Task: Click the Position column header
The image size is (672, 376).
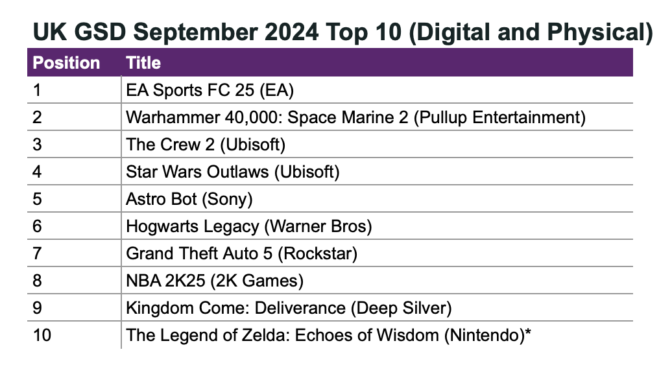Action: [x=66, y=63]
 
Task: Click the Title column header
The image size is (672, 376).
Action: [x=143, y=63]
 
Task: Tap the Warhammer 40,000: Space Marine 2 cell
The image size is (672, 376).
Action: [x=355, y=117]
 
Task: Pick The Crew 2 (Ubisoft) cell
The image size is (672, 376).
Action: [x=206, y=145]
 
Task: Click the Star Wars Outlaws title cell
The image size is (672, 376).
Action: [x=233, y=172]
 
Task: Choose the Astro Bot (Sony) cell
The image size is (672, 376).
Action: [x=189, y=199]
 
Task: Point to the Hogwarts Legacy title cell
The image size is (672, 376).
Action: [x=248, y=226]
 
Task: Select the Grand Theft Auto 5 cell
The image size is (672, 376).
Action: [x=241, y=253]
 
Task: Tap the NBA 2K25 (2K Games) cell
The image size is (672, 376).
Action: [x=215, y=281]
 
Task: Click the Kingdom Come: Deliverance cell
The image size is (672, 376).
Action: [x=289, y=308]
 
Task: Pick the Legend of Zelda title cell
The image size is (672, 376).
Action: [x=328, y=335]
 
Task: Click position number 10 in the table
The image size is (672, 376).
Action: [x=42, y=335]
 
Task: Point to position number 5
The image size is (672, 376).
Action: [x=37, y=199]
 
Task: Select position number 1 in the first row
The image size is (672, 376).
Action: [x=36, y=90]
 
